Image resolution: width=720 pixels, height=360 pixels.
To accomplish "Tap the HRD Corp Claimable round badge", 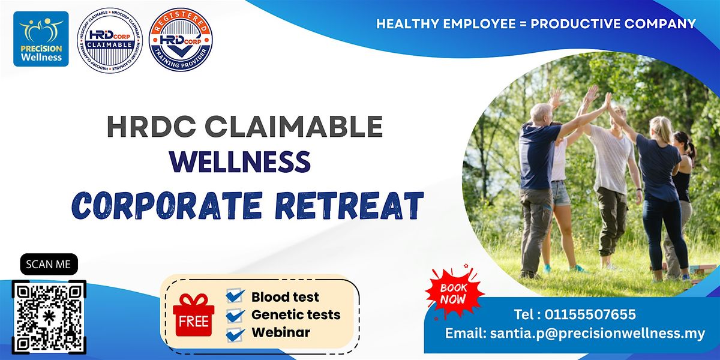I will pos(109,40).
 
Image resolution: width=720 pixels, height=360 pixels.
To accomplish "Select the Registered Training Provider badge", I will pos(181,40).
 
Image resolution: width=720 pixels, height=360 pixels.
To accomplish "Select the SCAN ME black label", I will pos(49,264).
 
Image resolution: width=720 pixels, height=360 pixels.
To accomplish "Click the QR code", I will pos(49,316).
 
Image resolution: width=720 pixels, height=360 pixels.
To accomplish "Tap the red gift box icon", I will pos(193,308).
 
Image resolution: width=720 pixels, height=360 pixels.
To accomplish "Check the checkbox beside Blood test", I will pos(235,296).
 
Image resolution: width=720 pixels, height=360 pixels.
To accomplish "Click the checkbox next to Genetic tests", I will pos(235,314).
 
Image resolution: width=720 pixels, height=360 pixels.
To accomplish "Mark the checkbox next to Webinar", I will pos(235,332).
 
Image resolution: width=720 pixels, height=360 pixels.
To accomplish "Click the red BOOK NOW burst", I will pos(454,293).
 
